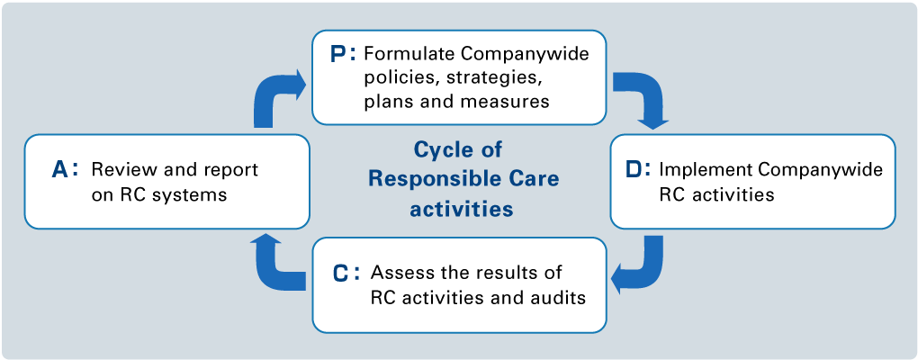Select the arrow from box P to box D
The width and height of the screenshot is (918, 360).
[x=644, y=99]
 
